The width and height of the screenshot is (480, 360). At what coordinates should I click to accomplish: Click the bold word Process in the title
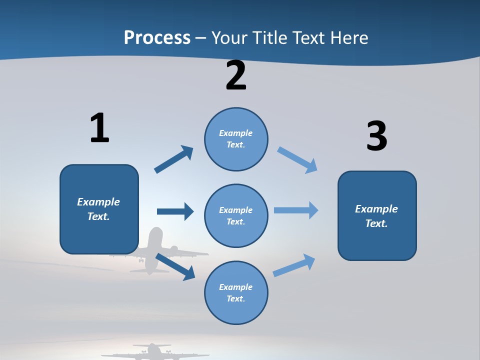pos(157,38)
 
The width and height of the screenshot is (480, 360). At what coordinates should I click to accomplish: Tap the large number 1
pos(99,128)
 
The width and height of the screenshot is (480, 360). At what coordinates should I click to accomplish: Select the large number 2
pos(236,76)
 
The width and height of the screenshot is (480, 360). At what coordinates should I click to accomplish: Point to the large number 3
pos(376,136)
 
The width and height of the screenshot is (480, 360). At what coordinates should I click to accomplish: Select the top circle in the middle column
pos(236,139)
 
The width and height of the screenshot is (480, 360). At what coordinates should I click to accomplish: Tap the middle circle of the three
pos(236,215)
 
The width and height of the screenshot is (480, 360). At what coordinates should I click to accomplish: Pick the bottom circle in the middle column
pos(236,292)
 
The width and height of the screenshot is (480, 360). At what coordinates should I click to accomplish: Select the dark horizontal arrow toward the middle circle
pos(175,211)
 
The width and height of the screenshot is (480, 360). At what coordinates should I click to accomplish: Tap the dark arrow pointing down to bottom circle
pos(175,267)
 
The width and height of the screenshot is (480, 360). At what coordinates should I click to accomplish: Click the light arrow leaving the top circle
pos(297,159)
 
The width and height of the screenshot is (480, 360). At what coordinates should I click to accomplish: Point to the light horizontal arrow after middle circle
pos(296,210)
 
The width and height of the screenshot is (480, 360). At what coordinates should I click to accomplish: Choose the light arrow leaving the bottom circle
pos(294,265)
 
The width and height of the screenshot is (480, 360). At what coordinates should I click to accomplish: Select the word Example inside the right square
pos(376,209)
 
